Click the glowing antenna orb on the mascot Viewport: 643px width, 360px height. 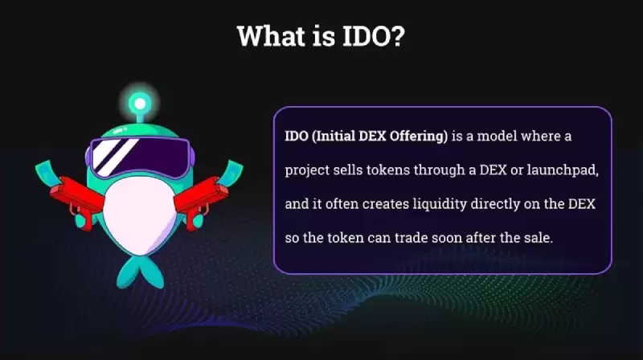coord(141,104)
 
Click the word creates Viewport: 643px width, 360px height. coord(387,204)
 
